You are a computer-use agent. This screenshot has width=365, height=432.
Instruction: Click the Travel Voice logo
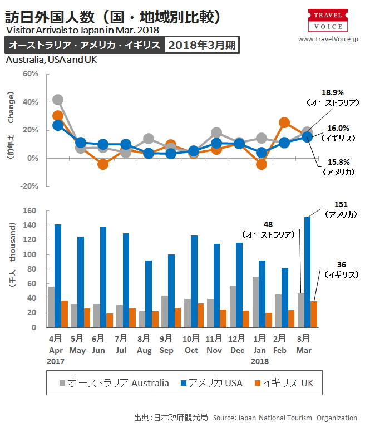[328, 20]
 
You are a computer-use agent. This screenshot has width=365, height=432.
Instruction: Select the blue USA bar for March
[308, 272]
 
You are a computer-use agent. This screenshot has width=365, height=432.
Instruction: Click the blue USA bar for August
[148, 294]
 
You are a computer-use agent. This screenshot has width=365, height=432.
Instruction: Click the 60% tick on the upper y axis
[30, 74]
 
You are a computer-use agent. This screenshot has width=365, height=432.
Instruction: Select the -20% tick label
[29, 186]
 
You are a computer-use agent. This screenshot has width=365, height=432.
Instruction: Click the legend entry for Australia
[115, 383]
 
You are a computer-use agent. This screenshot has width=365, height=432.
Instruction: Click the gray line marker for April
[57, 100]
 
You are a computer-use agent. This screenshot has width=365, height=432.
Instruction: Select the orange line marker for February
[284, 122]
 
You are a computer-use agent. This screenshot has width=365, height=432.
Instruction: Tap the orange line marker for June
[102, 164]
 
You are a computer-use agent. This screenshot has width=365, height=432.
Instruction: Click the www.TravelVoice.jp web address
[328, 39]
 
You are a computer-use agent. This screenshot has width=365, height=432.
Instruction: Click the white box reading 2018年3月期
[201, 46]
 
